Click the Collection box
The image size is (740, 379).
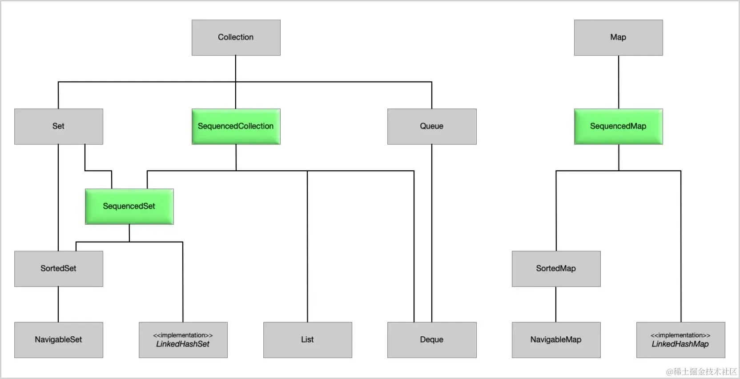(x=236, y=37)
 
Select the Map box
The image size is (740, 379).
(x=619, y=37)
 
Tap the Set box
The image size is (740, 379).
(x=58, y=126)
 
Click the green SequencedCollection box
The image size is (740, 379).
(x=236, y=126)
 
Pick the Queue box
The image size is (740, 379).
(x=432, y=126)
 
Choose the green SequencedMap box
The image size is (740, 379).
(x=619, y=126)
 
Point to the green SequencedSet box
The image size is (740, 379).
(x=129, y=206)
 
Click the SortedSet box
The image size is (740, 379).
(x=58, y=269)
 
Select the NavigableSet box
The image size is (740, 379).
(x=58, y=340)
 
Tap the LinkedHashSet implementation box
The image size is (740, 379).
(x=183, y=340)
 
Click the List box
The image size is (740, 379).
(x=308, y=340)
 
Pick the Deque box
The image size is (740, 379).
(x=432, y=340)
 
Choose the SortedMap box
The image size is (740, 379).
(x=556, y=269)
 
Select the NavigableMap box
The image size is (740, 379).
(x=556, y=340)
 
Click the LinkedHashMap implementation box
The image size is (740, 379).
(x=680, y=340)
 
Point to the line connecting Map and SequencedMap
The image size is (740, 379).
(x=619, y=82)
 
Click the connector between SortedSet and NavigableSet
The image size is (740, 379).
(x=58, y=304)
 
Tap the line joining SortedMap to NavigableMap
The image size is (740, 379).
(x=556, y=304)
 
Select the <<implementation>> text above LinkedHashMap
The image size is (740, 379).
(x=680, y=335)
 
